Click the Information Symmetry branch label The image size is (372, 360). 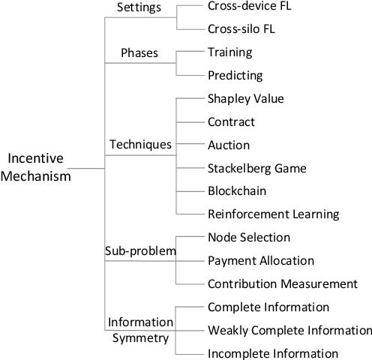pyautogui.click(x=139, y=330)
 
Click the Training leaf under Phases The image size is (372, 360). pyautogui.click(x=229, y=53)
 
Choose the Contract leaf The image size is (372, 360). pyautogui.click(x=231, y=121)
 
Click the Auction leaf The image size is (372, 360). pyautogui.click(x=229, y=144)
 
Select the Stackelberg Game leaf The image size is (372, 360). pyautogui.click(x=256, y=167)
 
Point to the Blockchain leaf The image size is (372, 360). pyautogui.click(x=238, y=190)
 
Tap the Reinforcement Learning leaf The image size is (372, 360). pyautogui.click(x=273, y=214)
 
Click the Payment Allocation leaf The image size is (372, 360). pyautogui.click(x=259, y=260)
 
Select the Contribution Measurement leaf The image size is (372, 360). pyautogui.click(x=282, y=283)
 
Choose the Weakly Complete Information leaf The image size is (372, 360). pyautogui.click(x=289, y=330)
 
